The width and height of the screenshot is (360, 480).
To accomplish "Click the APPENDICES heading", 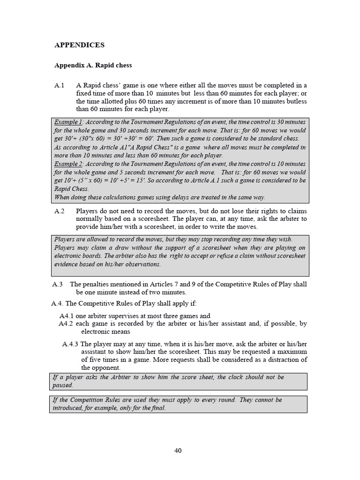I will point(79,45).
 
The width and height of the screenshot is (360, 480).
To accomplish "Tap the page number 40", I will point(178,450).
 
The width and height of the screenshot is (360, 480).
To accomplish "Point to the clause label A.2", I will point(59,211).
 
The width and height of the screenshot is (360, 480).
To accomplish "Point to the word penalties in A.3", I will point(97,284).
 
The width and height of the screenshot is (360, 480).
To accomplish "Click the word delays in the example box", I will point(174,197).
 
